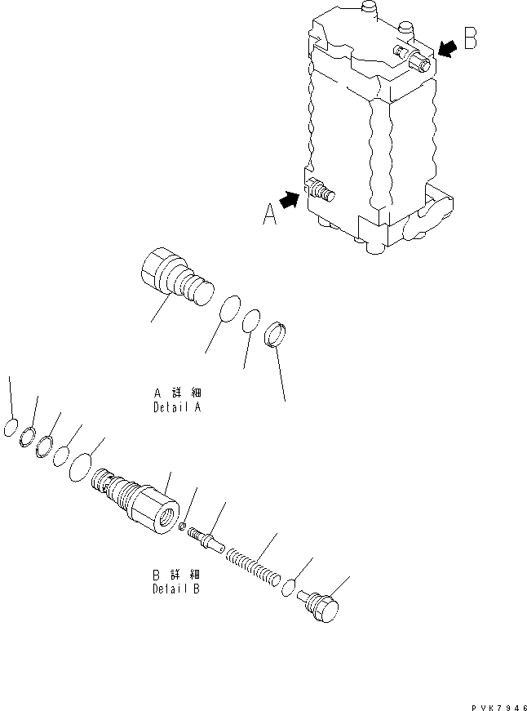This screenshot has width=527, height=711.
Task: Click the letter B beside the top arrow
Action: click(471, 40)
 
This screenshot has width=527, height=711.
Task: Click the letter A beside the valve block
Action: click(269, 214)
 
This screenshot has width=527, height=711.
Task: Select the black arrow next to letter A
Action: click(290, 198)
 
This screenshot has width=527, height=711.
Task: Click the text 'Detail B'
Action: click(176, 588)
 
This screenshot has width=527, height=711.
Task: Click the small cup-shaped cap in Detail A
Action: click(277, 334)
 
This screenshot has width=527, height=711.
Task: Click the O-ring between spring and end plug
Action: click(290, 588)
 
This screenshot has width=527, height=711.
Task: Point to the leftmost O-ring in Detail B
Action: click(11, 427)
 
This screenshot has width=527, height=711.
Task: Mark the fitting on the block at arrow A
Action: click(321, 193)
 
